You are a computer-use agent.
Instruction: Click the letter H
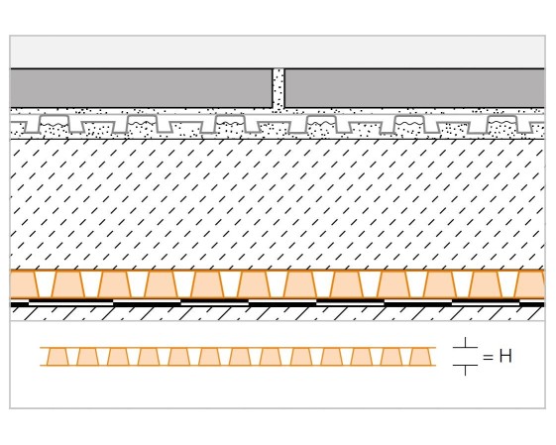[x=505, y=356]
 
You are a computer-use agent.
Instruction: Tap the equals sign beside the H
[x=488, y=357]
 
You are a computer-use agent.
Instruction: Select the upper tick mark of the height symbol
[x=465, y=344]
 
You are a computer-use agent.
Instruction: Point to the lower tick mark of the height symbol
[x=465, y=370]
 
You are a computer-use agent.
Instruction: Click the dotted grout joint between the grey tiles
[x=278, y=88]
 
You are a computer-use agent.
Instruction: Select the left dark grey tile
[x=141, y=88]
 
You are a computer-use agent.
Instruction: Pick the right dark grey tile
[x=414, y=88]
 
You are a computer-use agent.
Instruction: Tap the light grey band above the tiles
[x=278, y=52]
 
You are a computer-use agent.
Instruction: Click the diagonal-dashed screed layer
[x=278, y=204]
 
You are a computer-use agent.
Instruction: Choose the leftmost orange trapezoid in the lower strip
[x=57, y=357]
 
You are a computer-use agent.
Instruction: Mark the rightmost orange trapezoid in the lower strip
[x=420, y=357]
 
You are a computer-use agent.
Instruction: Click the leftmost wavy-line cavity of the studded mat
[x=54, y=124]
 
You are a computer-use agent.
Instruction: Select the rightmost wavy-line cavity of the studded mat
[x=502, y=124]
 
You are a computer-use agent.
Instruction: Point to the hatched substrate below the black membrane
[x=278, y=313]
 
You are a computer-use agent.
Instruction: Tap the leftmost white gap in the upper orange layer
[x=45, y=284]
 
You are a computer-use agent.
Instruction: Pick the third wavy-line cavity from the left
[x=230, y=124]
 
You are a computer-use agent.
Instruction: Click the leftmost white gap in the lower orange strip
[x=72, y=357]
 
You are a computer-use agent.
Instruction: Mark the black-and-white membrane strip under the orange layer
[x=278, y=303]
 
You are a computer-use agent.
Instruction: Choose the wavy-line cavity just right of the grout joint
[x=321, y=124]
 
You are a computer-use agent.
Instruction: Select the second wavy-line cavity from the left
[x=142, y=124]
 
